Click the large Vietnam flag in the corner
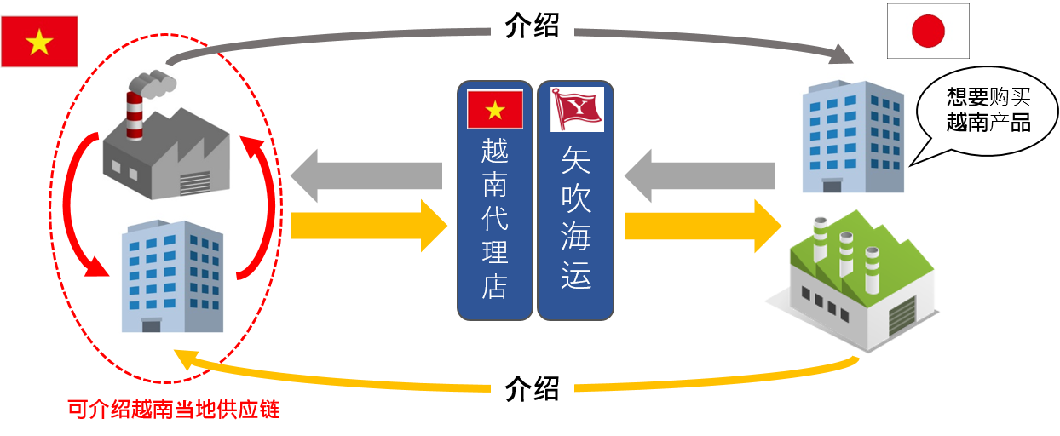(39, 41)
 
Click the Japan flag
(928, 32)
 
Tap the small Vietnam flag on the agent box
(494, 109)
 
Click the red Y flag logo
(576, 109)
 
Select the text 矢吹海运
(576, 216)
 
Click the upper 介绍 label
(532, 26)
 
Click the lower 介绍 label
(532, 389)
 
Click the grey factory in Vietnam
(167, 145)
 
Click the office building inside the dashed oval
(170, 277)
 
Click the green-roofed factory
(861, 281)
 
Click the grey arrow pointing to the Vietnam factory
(366, 177)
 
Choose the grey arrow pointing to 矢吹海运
(699, 177)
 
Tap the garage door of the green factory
(900, 319)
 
